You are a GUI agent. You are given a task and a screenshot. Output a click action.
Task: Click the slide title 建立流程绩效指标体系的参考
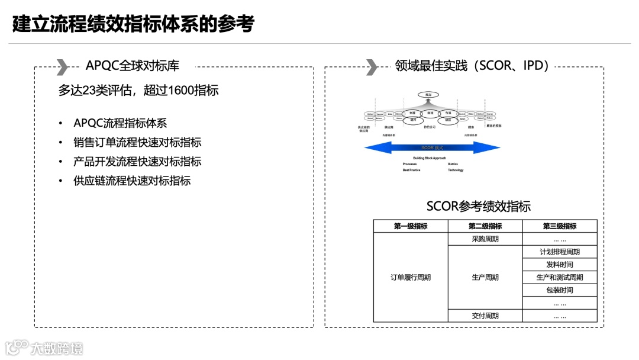133,24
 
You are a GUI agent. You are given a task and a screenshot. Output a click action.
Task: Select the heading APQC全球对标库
133,66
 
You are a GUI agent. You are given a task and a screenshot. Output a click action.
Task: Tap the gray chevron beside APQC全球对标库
62,67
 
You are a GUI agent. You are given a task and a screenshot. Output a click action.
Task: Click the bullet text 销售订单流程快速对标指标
137,143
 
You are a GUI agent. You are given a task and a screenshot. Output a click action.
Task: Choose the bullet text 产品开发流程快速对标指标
137,162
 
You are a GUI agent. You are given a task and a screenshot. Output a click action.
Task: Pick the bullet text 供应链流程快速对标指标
132,181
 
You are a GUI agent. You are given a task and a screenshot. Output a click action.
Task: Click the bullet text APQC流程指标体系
120,123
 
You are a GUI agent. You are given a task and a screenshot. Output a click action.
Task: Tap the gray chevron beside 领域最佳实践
372,67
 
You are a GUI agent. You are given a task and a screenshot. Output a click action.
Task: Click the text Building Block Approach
430,158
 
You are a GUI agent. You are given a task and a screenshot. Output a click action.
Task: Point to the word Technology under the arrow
456,170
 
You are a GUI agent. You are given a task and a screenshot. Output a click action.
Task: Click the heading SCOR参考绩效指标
478,206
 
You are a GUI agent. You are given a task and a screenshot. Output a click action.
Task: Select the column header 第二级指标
485,226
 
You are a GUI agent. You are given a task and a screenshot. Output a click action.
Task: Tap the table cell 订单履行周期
411,277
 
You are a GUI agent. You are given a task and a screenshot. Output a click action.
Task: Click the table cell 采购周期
485,239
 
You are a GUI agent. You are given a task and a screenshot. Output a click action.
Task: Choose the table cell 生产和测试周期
559,277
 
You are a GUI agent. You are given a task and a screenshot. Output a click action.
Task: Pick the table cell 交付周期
485,316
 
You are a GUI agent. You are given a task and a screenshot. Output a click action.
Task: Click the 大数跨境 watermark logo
44,348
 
